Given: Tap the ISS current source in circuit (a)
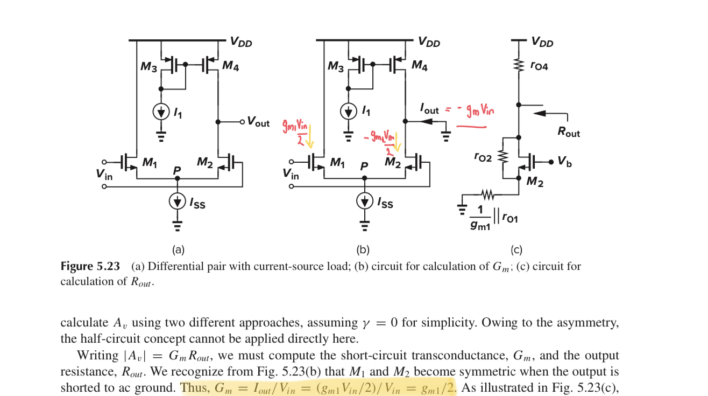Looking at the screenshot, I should pos(177,202).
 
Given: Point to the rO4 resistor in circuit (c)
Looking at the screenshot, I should pos(519,65).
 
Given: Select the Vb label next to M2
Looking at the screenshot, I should pos(564,162).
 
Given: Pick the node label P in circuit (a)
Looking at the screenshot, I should pos(176,170).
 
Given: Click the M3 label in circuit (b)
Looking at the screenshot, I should pos(335,67).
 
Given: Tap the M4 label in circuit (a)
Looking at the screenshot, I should pos(231,66).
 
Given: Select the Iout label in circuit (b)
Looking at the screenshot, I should pos(429,109).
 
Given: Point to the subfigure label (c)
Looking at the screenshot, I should pos(516,250).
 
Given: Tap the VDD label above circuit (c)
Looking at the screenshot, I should pos(542,41).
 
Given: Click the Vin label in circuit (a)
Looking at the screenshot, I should pos(104,173).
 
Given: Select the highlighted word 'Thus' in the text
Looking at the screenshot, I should pos(195,388).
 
